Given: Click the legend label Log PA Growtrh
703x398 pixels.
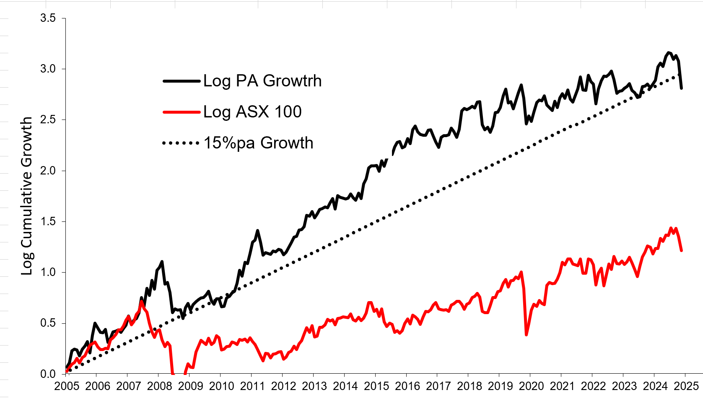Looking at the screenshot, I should click(262, 81).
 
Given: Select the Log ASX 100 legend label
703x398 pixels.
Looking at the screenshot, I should click(252, 112).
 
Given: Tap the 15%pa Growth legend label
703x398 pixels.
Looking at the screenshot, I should click(258, 143).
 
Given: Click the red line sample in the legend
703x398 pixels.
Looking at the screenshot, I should click(181, 112).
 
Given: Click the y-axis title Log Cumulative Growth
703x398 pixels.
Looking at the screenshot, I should click(27, 196).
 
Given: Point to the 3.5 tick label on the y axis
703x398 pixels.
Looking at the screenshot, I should click(48, 18).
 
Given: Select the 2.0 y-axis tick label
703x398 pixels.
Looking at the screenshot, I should click(48, 171).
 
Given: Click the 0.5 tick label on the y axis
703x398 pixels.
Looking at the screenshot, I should click(48, 323).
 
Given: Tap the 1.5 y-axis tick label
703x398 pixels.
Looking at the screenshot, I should click(48, 221).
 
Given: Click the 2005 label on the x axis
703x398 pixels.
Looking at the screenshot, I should click(66, 386).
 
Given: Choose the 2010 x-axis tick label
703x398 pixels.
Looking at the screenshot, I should click(221, 386).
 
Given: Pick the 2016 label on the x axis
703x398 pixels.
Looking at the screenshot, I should click(407, 386).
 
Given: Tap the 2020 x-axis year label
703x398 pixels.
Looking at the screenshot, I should click(532, 386).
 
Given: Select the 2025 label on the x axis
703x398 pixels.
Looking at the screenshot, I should click(686, 386).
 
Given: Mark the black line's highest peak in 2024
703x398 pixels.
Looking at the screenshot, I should click(669, 53).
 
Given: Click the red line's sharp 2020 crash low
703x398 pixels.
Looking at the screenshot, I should click(526, 335).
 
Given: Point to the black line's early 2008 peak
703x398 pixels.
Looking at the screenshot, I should click(162, 262).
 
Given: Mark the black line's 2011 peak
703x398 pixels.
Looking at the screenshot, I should click(257, 230).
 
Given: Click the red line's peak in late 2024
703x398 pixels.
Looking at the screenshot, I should click(671, 228).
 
